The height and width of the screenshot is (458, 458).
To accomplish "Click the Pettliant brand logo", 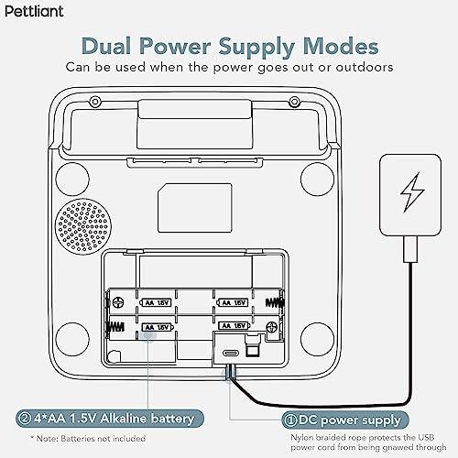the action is pyautogui.click(x=34, y=12).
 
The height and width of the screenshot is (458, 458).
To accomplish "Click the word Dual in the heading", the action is pyautogui.click(x=107, y=47).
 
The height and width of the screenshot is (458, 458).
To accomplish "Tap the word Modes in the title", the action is pyautogui.click(x=341, y=47).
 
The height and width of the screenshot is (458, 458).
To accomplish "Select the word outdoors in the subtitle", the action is pyautogui.click(x=365, y=68).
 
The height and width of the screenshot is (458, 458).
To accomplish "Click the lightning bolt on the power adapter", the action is pyautogui.click(x=412, y=192).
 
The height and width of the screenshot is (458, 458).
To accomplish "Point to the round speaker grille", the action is pyautogui.click(x=83, y=226).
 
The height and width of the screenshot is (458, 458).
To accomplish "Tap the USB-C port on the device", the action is pyautogui.click(x=231, y=354).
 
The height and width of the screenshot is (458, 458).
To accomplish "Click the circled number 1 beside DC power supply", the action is pyautogui.click(x=289, y=420).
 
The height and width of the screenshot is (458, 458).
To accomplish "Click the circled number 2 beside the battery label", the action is pyautogui.click(x=24, y=419).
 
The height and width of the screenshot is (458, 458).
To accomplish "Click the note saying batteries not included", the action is pyautogui.click(x=88, y=439).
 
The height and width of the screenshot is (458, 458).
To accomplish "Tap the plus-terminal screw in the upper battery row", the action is pyautogui.click(x=118, y=302).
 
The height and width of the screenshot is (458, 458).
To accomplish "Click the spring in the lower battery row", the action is pyautogui.click(x=115, y=327).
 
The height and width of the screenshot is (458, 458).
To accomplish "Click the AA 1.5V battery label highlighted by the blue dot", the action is pyautogui.click(x=158, y=327).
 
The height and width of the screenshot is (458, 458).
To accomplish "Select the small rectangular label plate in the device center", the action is pyautogui.click(x=195, y=208).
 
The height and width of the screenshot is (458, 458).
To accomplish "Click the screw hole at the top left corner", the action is pyautogui.click(x=95, y=102).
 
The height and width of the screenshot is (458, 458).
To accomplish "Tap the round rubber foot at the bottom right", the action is pyautogui.click(x=317, y=339).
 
